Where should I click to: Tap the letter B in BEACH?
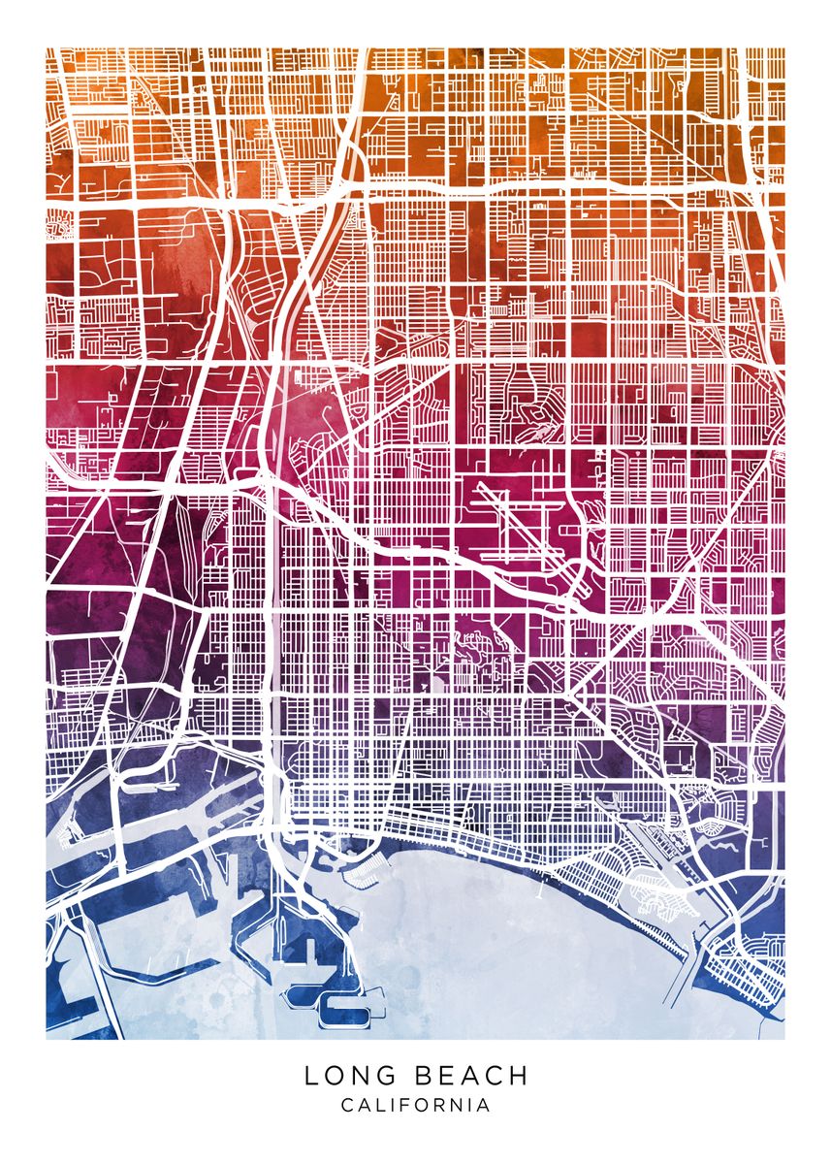[423, 1076]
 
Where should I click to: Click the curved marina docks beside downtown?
[364, 868]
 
